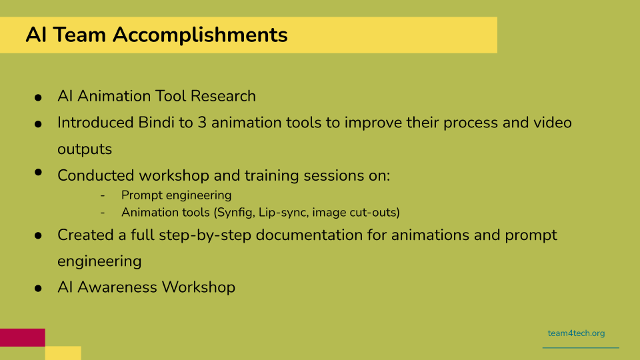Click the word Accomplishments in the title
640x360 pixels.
click(x=200, y=35)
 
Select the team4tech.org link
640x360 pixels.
click(x=576, y=333)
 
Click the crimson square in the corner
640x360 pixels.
click(x=23, y=337)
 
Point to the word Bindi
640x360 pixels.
click(x=156, y=123)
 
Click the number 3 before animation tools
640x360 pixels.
click(x=202, y=123)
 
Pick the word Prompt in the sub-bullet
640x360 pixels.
click(x=141, y=195)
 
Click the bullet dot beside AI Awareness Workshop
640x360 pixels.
click(x=38, y=289)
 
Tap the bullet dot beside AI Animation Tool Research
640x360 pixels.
click(x=38, y=97)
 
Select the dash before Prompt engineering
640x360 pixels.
click(x=103, y=195)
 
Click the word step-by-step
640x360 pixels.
click(x=205, y=235)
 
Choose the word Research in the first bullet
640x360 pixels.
click(x=223, y=96)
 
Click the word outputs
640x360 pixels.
click(x=85, y=149)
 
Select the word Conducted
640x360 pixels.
click(x=96, y=175)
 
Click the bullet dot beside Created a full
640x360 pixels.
click(x=38, y=235)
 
